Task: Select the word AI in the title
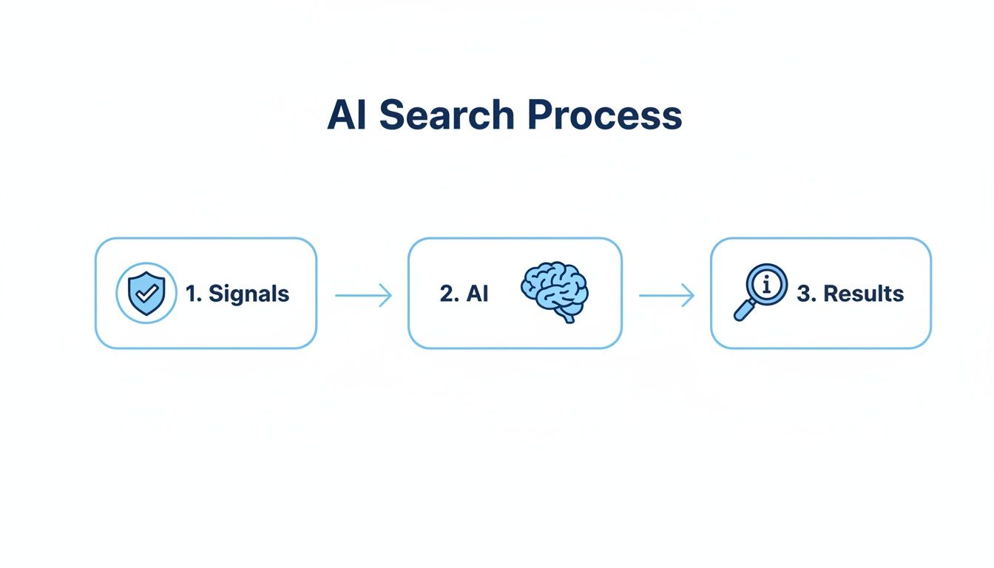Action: click(x=348, y=115)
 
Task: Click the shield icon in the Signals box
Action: click(x=146, y=293)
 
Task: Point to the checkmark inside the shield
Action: click(x=147, y=292)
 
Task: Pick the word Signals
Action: click(x=248, y=294)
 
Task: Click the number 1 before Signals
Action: click(x=192, y=294)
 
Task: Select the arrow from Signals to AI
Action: click(x=362, y=296)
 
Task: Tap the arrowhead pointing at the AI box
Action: click(x=387, y=296)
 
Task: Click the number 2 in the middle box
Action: click(x=447, y=294)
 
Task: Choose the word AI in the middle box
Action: click(x=477, y=294)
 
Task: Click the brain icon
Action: click(x=554, y=291)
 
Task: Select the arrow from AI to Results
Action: click(x=666, y=296)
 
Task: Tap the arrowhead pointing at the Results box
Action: click(x=690, y=296)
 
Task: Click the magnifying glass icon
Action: click(x=761, y=291)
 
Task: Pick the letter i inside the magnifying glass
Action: click(x=767, y=284)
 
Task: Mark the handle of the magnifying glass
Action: click(x=743, y=311)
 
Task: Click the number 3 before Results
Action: click(x=804, y=294)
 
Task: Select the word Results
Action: click(x=863, y=294)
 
